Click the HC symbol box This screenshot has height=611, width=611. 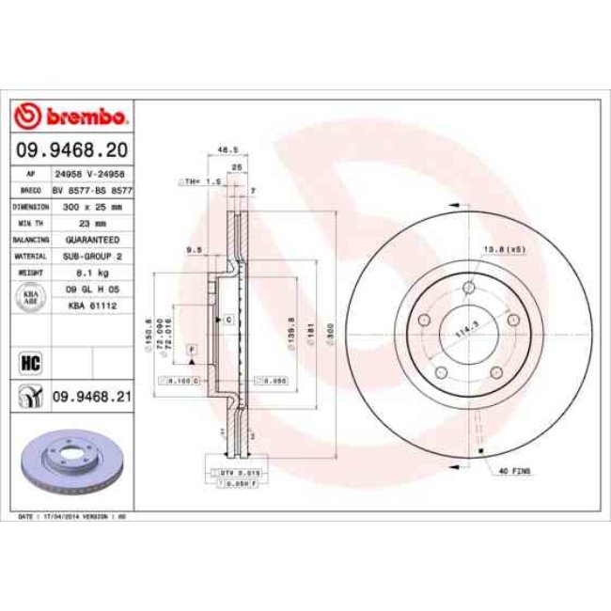tap(26, 360)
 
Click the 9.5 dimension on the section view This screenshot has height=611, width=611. tap(194, 250)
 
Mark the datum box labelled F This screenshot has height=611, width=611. tap(192, 350)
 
